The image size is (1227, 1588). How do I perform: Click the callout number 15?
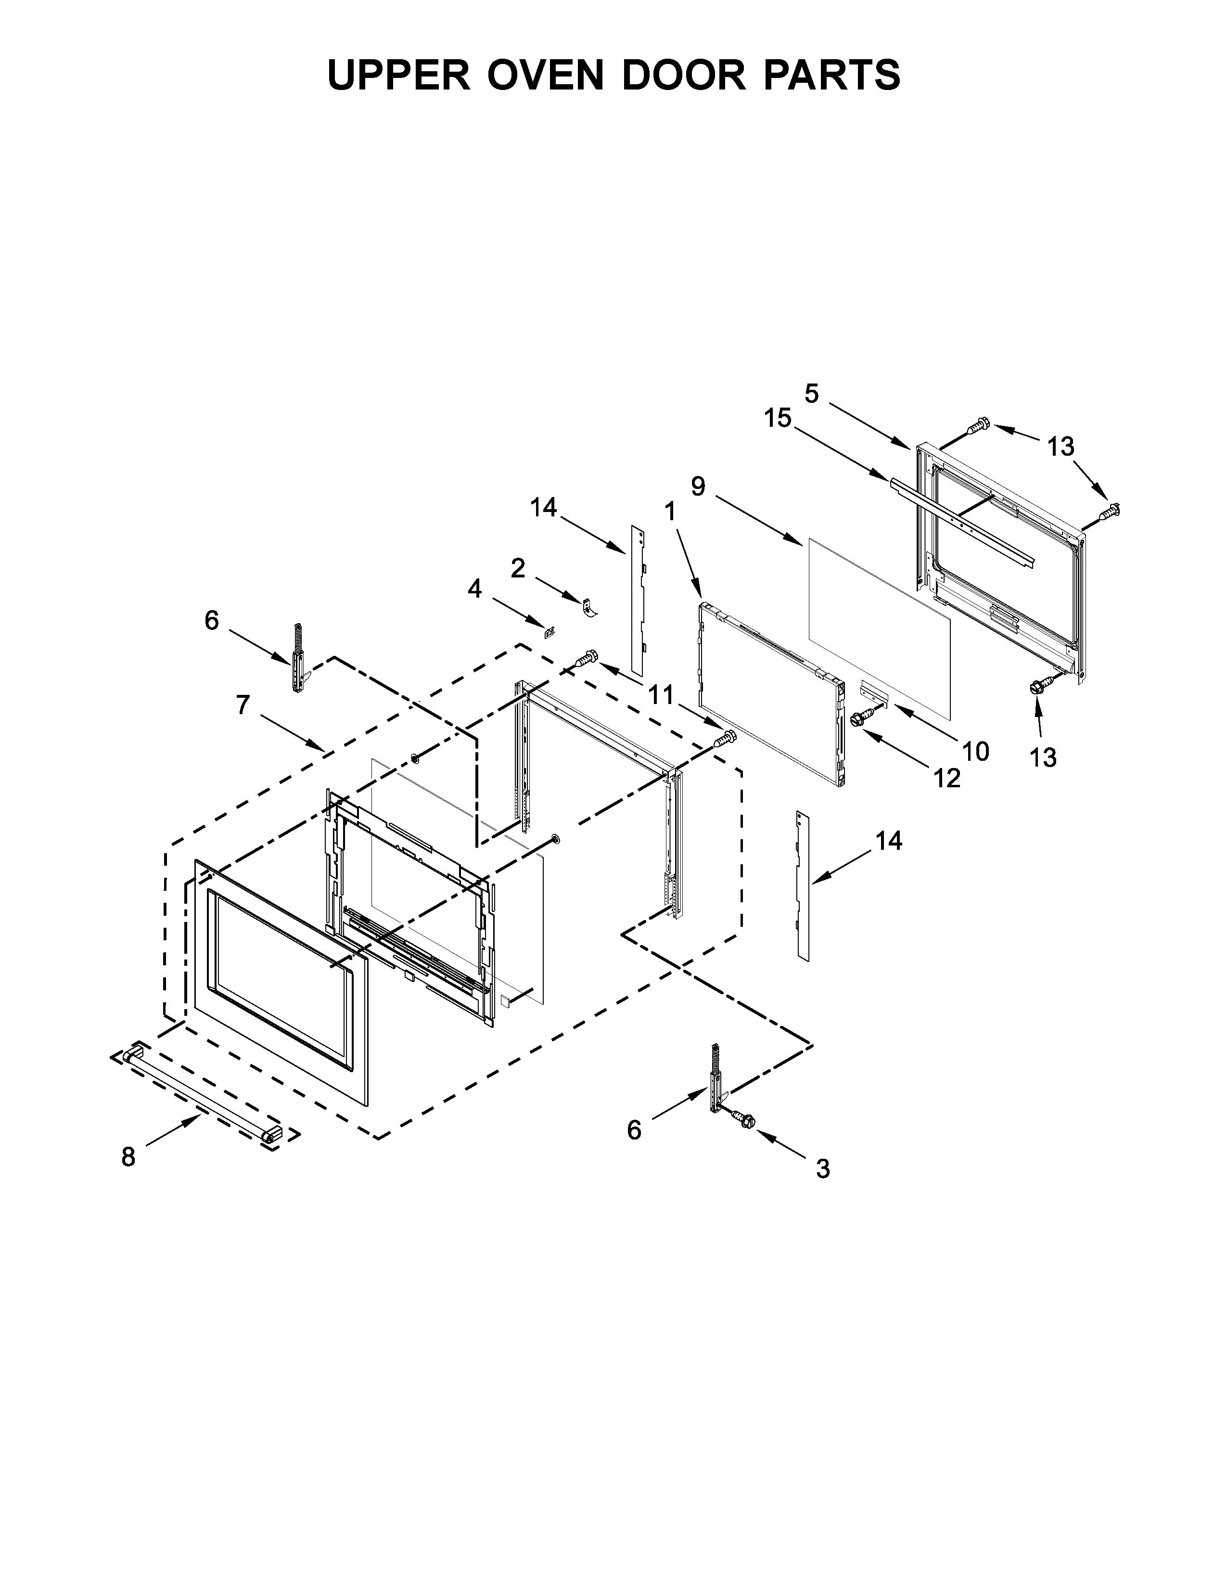click(777, 418)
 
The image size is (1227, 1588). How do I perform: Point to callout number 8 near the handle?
click(128, 1157)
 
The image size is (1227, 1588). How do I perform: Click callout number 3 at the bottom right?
click(822, 1168)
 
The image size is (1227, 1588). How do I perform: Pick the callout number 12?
click(947, 778)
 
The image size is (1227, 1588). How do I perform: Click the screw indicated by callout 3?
click(743, 1120)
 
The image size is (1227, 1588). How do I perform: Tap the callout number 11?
click(661, 695)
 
